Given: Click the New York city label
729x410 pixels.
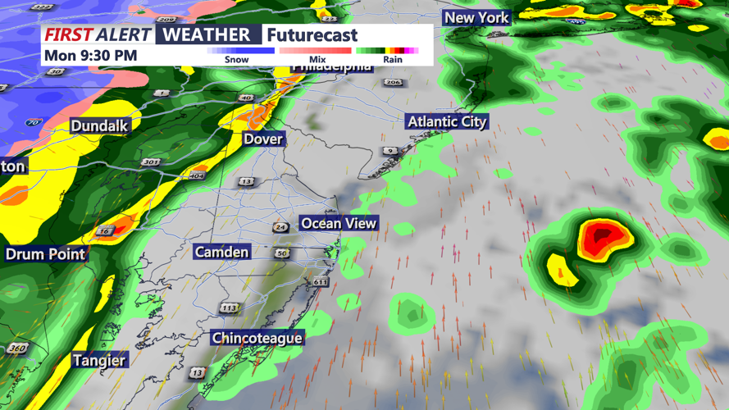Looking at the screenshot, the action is (x=476, y=17).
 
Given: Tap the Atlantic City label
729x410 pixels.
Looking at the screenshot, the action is (x=447, y=121).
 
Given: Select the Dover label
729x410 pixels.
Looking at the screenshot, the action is (x=263, y=139).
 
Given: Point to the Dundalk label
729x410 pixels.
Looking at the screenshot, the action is (x=99, y=125).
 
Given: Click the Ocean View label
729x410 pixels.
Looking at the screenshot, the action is (x=339, y=223).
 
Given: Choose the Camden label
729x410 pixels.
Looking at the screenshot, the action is (x=221, y=252).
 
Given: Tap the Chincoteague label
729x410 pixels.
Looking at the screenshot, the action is (x=257, y=338).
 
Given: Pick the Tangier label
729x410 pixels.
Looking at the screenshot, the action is (x=99, y=360).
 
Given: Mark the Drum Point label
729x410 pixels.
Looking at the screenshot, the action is (x=46, y=254).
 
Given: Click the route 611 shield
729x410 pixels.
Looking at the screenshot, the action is (x=320, y=282).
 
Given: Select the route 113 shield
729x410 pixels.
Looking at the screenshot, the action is (x=229, y=308).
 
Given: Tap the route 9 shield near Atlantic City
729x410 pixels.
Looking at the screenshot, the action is (x=391, y=151).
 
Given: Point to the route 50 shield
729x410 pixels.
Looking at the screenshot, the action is (x=282, y=253).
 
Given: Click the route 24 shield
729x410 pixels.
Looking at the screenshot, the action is (x=281, y=227).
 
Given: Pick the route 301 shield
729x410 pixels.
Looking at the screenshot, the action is (x=150, y=162).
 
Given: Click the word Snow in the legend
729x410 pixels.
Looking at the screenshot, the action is (x=236, y=60).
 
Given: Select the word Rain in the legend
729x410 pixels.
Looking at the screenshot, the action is (x=393, y=60).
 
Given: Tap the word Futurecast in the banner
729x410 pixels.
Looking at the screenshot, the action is (x=312, y=35).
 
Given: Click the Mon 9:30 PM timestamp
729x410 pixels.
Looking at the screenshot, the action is (x=91, y=56).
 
